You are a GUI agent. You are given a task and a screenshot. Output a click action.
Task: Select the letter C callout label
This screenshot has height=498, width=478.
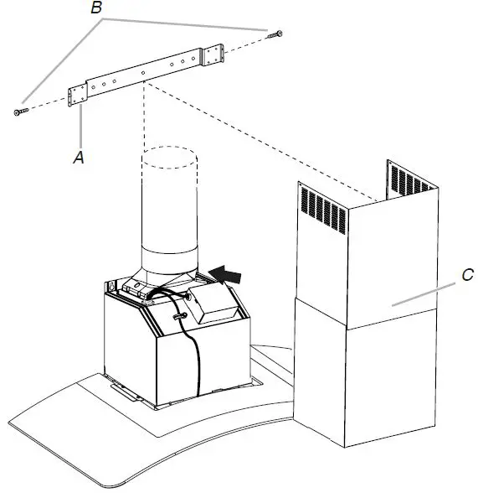point(468,273)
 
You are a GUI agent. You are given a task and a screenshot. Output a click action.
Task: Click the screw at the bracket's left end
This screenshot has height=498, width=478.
point(20,111)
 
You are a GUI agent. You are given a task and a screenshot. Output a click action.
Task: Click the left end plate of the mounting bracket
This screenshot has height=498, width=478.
point(79,93)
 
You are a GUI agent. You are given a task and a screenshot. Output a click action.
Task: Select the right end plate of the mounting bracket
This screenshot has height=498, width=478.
point(213,56)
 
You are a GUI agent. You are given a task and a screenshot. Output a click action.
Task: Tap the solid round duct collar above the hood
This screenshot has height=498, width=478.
point(170,261)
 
